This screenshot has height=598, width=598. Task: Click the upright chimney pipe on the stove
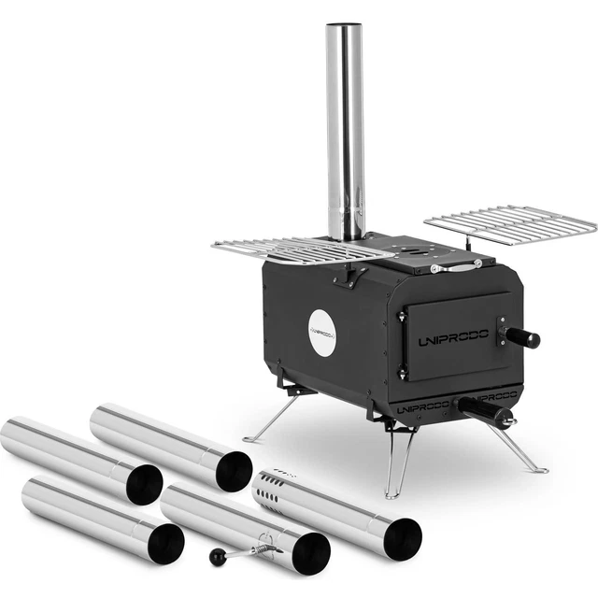point(345,132)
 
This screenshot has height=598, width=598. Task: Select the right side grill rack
point(510,225)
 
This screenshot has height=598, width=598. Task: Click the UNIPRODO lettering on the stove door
point(453,337)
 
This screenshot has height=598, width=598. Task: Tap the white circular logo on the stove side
point(322,333)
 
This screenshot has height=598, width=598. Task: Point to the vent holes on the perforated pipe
point(272,491)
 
